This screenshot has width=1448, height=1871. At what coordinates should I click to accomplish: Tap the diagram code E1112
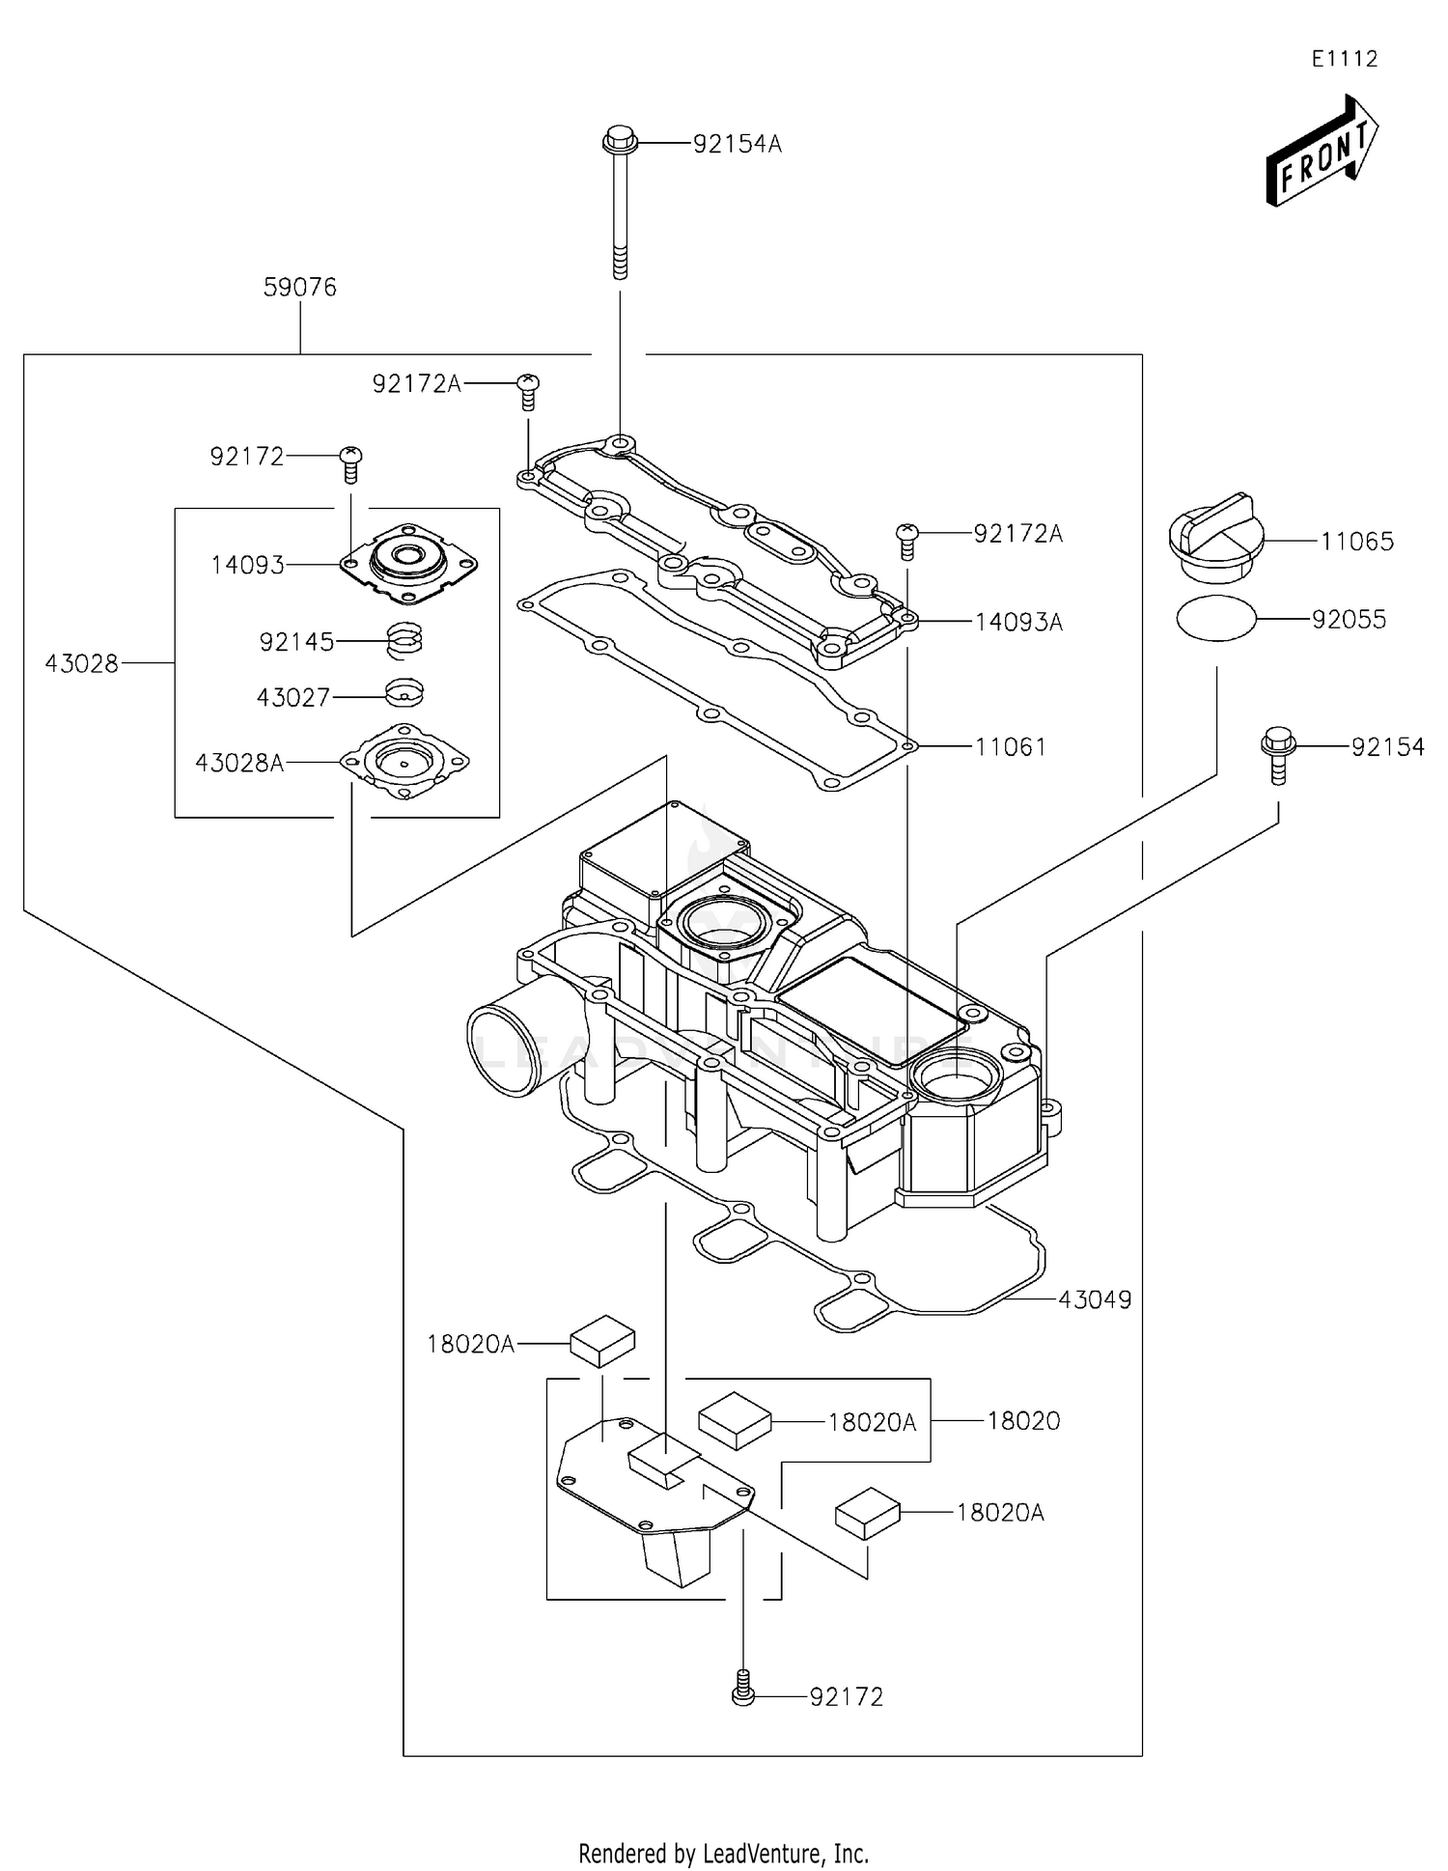[1344, 59]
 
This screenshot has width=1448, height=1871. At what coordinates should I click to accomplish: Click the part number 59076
[300, 288]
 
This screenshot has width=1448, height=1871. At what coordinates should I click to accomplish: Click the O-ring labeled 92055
[1216, 619]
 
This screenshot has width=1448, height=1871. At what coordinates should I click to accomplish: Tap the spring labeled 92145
[405, 641]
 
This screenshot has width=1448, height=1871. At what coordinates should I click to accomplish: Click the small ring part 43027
[404, 693]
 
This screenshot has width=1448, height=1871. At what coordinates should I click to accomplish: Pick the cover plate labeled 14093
[409, 561]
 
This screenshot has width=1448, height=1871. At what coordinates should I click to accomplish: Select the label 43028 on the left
[82, 664]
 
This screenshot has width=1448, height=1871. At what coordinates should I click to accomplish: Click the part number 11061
[1010, 747]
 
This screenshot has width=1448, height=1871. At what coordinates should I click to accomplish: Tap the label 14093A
[1018, 623]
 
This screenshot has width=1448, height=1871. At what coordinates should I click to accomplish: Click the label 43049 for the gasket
[1095, 1300]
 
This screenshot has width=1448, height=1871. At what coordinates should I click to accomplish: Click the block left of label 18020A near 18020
[735, 1420]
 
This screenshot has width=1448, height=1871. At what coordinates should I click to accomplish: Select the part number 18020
[1023, 1421]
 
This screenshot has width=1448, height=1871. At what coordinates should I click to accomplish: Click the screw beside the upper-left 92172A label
[527, 391]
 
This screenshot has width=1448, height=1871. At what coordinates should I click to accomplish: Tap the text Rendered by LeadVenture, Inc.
[723, 1854]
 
